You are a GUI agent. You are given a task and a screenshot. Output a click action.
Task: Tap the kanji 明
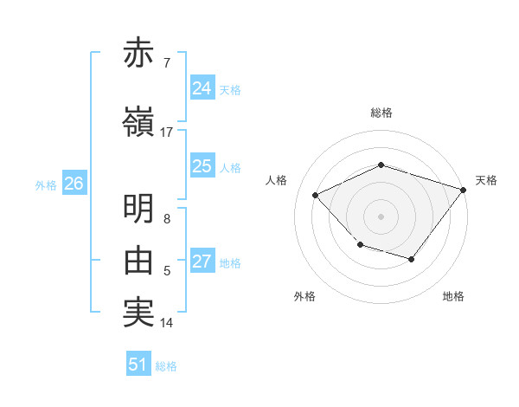pyautogui.click(x=138, y=208)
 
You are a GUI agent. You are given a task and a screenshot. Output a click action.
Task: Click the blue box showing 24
pyautogui.click(x=202, y=88)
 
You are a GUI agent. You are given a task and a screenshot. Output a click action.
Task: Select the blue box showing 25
pyautogui.click(x=202, y=166)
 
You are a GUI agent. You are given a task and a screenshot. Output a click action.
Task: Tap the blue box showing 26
pyautogui.click(x=74, y=184)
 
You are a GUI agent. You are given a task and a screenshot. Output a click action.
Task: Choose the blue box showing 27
pyautogui.click(x=202, y=262)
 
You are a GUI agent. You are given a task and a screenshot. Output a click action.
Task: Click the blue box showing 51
pyautogui.click(x=138, y=365)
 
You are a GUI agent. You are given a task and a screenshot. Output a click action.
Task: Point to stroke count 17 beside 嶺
pyautogui.click(x=167, y=132)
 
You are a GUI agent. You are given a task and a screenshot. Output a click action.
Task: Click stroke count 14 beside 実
pyautogui.click(x=167, y=323)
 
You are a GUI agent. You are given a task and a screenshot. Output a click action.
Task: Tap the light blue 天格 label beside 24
pyautogui.click(x=230, y=90)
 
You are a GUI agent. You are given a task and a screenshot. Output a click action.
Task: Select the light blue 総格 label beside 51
pyautogui.click(x=166, y=366)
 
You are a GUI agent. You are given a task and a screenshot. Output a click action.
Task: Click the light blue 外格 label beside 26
pyautogui.click(x=46, y=184)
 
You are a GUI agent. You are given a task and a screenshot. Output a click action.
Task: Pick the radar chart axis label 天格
pyautogui.click(x=486, y=180)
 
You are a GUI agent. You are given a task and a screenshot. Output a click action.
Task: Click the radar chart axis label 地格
pyautogui.click(x=453, y=296)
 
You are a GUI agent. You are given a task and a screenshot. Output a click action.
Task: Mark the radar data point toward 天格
pyautogui.click(x=464, y=190)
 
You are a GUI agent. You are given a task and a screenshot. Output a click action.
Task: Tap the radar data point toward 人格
pyautogui.click(x=316, y=196)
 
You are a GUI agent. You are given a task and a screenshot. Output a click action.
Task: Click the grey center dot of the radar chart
pyautogui.click(x=381, y=216)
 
